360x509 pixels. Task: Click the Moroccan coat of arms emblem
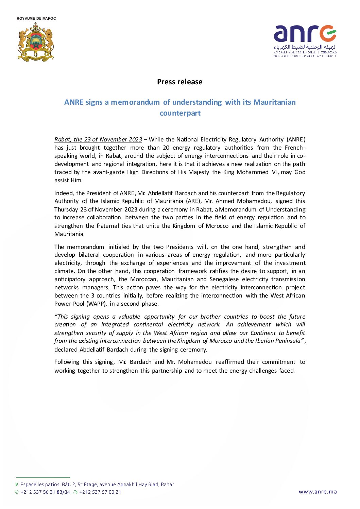pos(36,42)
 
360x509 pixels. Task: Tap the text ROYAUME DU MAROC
pos(36,18)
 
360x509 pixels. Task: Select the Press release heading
pos(179,82)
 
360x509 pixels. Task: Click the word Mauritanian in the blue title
pos(274,102)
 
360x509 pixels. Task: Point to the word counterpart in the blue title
pos(180,113)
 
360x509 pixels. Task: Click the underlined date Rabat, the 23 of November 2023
pos(98,139)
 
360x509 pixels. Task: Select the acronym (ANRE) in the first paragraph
pos(296,139)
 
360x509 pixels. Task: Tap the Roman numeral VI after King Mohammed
pos(275,172)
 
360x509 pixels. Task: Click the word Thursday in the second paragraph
pos(66,209)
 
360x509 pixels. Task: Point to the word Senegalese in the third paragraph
pos(224,279)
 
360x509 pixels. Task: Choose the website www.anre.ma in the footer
pos(318,492)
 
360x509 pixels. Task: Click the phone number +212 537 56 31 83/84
pos(45,492)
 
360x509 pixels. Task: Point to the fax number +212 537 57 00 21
pos(100,492)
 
